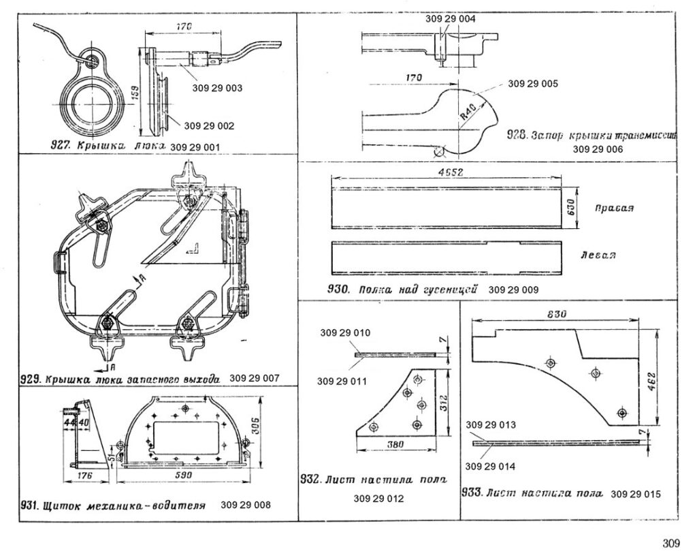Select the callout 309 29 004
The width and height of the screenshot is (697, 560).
(x=451, y=20)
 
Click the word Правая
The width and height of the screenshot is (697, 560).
(x=613, y=208)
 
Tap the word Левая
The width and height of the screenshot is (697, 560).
(x=599, y=255)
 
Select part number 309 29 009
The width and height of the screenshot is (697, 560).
(x=514, y=290)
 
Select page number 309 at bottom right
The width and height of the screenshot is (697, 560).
(x=670, y=543)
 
